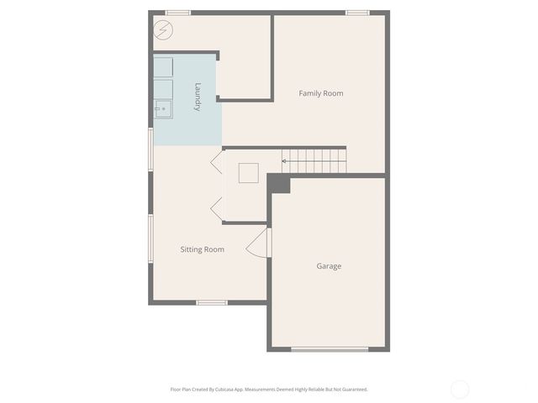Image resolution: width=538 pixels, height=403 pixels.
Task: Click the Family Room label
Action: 321,93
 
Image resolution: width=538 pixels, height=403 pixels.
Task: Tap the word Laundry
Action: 198,97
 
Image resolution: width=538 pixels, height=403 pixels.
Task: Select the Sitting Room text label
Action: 203,249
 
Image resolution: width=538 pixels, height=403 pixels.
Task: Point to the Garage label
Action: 329,266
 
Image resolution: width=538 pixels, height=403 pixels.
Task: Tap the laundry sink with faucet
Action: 163,109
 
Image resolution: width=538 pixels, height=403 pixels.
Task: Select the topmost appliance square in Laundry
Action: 163,67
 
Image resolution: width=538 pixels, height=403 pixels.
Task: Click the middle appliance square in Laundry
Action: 163,88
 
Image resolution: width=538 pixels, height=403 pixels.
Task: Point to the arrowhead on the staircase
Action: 284,160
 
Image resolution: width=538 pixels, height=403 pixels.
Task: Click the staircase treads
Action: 315,160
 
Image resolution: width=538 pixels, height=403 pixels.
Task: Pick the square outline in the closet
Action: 248,173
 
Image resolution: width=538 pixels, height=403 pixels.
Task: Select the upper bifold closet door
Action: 216,160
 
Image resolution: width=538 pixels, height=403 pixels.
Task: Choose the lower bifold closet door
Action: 216,209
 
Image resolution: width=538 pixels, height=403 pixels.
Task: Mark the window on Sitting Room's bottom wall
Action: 212,302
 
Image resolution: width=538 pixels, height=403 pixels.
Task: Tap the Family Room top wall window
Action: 357,13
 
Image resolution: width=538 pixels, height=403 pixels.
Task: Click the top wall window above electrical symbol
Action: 177,13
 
